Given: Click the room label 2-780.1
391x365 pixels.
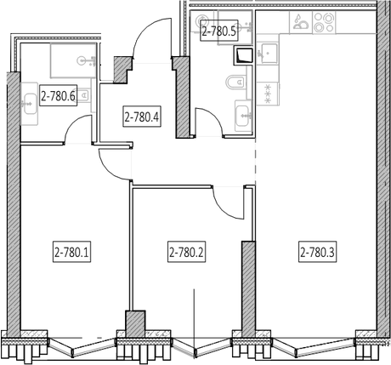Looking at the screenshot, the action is [x=71, y=252].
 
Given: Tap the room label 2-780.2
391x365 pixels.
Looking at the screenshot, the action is [x=186, y=252].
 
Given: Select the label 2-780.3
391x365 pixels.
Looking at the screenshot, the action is [x=318, y=252].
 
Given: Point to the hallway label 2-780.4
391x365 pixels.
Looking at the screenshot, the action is [x=142, y=117].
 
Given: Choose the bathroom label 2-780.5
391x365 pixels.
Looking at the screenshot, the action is [x=219, y=31].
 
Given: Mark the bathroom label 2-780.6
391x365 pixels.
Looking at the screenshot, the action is [x=59, y=96].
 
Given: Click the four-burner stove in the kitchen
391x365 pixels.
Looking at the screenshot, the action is [x=324, y=23].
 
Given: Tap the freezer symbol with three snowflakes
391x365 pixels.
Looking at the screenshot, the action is [x=267, y=94].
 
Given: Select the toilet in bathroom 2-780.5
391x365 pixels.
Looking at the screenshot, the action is [x=235, y=83].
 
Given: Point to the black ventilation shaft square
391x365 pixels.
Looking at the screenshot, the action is [x=243, y=55].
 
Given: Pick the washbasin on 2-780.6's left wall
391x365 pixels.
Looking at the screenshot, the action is [x=30, y=104].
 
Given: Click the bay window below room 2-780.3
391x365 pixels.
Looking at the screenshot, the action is [x=314, y=345].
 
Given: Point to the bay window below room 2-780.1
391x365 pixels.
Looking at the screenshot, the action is [x=82, y=347].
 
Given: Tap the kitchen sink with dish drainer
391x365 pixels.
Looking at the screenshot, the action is [x=301, y=23].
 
